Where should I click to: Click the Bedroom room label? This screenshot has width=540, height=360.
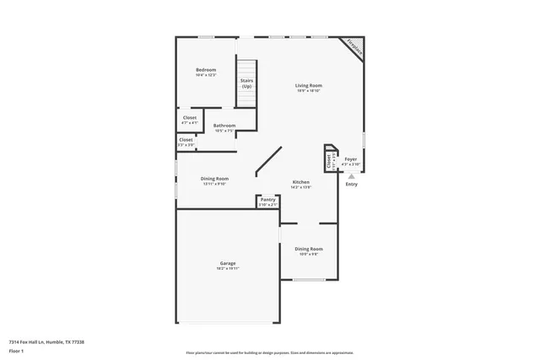click(206, 70)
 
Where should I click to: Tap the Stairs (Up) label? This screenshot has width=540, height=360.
click(246, 83)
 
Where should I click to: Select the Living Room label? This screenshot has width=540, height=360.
click(309, 85)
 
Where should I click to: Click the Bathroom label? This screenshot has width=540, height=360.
click(224, 126)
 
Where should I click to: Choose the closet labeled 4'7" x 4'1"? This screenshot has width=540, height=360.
click(190, 118)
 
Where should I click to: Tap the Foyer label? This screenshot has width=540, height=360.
click(350, 158)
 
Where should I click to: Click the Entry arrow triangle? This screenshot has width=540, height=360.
click(351, 175)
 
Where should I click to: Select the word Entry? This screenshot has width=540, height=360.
click(351, 184)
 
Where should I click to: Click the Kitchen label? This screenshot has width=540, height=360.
click(300, 182)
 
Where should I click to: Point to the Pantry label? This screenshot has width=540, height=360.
click(267, 200)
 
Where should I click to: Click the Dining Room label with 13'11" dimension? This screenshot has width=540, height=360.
click(214, 178)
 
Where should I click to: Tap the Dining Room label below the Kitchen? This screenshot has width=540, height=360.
click(308, 249)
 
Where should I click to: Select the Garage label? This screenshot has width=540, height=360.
click(227, 264)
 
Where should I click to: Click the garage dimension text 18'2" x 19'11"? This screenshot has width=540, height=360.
click(227, 269)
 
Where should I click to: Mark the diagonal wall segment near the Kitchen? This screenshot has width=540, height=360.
click(269, 163)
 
